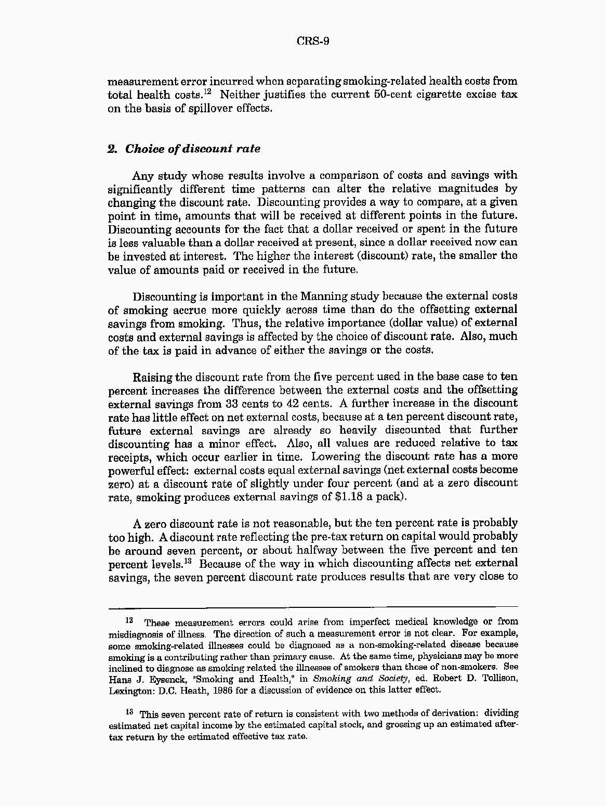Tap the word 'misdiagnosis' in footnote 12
(x=134, y=634)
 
